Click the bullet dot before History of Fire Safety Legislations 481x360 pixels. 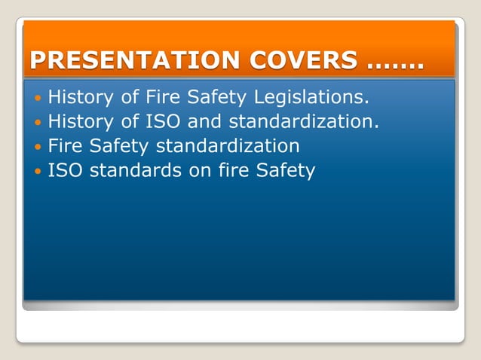38,98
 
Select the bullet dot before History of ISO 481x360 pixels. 38,122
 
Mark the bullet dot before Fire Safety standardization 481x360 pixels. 38,146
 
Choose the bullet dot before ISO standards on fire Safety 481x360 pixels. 38,171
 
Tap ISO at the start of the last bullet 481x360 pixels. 66,170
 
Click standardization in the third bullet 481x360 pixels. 228,145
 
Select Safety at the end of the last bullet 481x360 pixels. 286,171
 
